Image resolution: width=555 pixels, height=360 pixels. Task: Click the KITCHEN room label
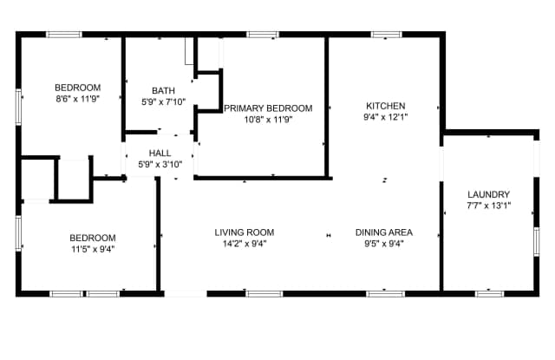[385, 106]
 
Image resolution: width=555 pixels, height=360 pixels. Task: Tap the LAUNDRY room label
[488, 194]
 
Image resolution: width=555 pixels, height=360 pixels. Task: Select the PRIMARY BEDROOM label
[268, 108]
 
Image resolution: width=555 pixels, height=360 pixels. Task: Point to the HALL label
[160, 153]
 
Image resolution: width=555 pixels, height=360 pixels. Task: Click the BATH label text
[163, 90]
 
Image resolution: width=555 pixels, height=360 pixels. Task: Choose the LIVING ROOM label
[245, 232]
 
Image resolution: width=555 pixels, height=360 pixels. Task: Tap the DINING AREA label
[384, 232]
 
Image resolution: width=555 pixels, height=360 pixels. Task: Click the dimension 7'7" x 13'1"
[489, 206]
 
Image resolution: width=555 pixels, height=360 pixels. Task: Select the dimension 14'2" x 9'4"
[245, 244]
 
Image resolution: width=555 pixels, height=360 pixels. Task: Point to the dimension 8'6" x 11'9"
[78, 99]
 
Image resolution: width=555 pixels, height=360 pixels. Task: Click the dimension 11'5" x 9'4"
[93, 249]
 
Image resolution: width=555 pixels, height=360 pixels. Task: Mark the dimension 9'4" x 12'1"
[385, 117]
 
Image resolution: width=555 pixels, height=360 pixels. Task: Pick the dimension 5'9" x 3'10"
[160, 164]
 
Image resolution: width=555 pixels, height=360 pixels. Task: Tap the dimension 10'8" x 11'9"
[268, 120]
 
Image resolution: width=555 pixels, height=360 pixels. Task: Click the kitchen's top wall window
[387, 35]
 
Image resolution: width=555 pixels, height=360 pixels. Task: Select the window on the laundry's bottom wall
[489, 294]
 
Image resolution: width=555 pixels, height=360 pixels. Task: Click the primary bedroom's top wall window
[262, 35]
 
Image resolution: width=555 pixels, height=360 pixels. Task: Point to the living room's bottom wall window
[264, 294]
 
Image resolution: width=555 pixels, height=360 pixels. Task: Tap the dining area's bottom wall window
[385, 294]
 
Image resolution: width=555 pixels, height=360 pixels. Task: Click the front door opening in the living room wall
[186, 294]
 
